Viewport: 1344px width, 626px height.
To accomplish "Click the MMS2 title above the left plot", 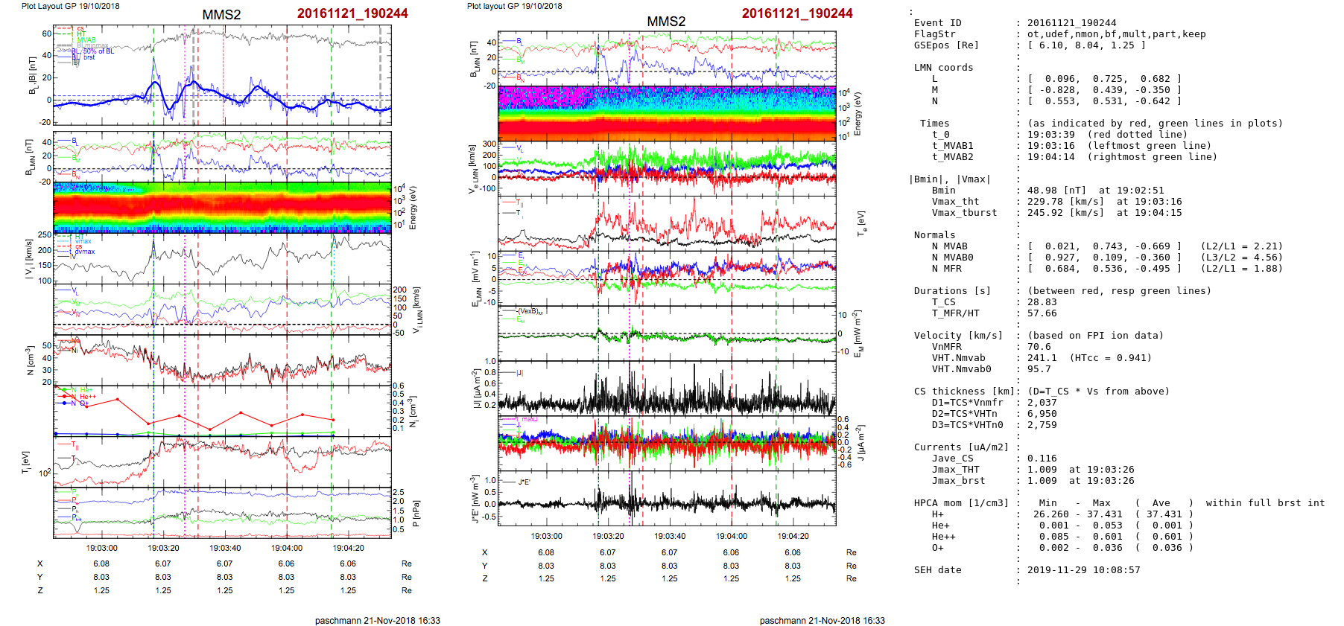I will pos(221,15).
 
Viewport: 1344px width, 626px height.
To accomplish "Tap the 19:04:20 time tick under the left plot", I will pos(348,548).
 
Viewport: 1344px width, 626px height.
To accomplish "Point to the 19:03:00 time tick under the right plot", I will pos(546,536).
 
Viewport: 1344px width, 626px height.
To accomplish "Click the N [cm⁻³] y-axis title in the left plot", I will pos(30,360).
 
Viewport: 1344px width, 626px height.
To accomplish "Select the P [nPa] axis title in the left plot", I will pos(415,513).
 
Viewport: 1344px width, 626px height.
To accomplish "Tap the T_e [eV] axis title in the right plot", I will pos(861,222).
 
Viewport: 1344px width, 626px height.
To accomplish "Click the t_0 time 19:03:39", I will pos(1050,135).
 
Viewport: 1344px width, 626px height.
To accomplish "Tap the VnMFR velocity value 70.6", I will pos(1039,347).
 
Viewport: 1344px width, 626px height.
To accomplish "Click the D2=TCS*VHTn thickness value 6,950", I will pos(1042,414).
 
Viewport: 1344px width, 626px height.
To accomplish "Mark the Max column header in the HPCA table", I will pos(1101,503).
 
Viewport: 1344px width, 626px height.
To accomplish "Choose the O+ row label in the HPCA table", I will pos(937,548).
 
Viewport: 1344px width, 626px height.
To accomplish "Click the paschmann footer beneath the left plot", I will pos(377,620).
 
